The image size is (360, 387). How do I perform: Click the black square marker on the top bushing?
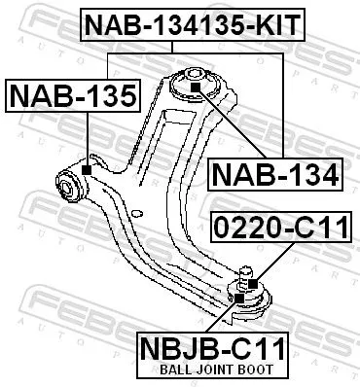(x=194, y=88)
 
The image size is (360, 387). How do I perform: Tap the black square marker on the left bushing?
(x=88, y=170)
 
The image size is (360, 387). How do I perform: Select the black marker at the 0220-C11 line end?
(x=251, y=283)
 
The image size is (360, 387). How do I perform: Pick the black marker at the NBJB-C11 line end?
(x=237, y=289)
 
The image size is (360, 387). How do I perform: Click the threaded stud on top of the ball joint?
(x=245, y=271)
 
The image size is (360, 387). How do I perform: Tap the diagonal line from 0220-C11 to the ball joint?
(x=268, y=264)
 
